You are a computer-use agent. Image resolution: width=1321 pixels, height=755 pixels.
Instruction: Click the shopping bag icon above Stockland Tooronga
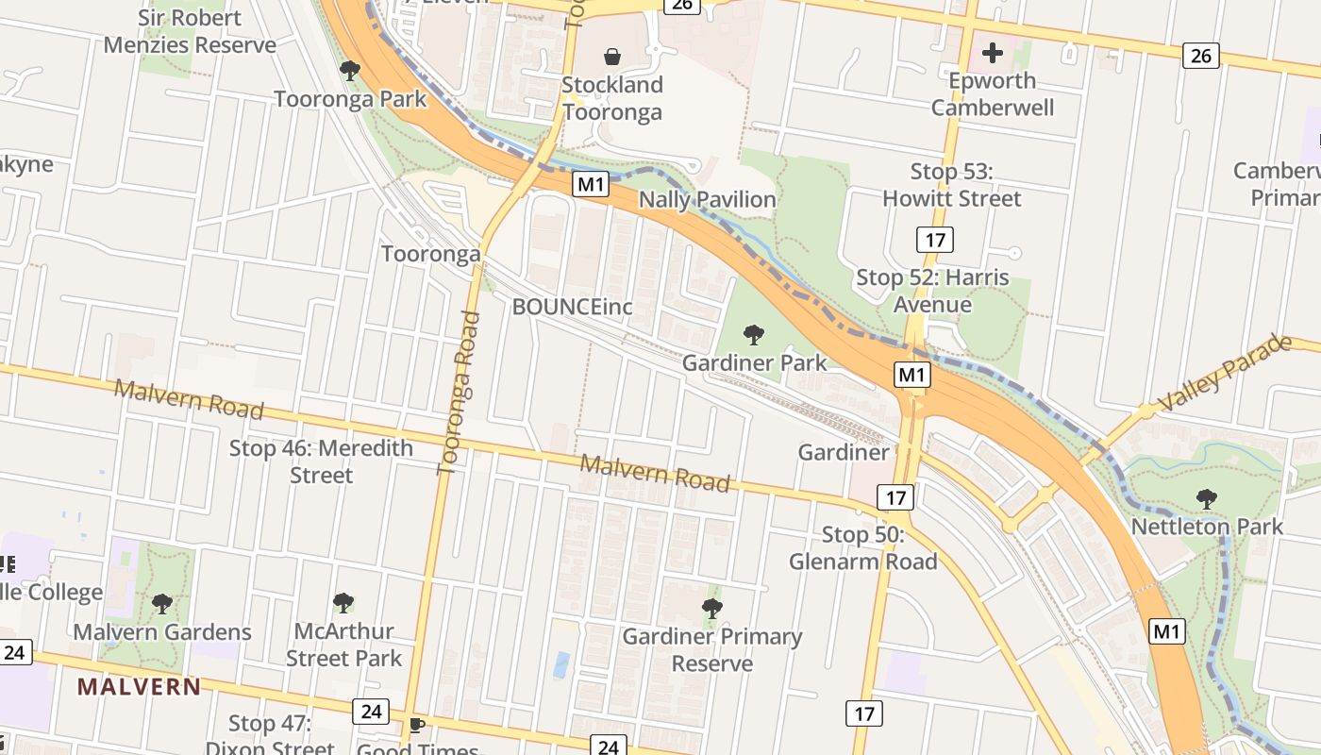pyautogui.click(x=612, y=57)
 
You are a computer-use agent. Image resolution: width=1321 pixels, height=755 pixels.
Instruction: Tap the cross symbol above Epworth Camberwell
pyautogui.click(x=992, y=53)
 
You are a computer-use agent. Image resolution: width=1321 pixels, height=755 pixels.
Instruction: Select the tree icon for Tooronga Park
pyautogui.click(x=350, y=71)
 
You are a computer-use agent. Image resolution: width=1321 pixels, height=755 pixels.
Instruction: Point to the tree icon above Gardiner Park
pyautogui.click(x=753, y=334)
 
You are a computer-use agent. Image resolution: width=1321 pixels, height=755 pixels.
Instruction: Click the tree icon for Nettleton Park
pyautogui.click(x=1206, y=499)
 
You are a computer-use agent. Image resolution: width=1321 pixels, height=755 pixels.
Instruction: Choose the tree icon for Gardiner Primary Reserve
pyautogui.click(x=712, y=609)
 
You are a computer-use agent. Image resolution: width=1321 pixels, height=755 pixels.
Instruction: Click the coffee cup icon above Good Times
pyautogui.click(x=416, y=725)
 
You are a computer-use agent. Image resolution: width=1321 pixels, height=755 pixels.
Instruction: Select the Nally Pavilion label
pyautogui.click(x=707, y=200)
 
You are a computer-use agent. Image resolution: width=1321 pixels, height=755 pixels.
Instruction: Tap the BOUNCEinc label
pyautogui.click(x=572, y=307)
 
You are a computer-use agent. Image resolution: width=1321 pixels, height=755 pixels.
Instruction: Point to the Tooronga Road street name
pyautogui.click(x=460, y=392)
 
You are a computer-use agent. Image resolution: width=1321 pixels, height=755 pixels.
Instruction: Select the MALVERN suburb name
pyautogui.click(x=139, y=686)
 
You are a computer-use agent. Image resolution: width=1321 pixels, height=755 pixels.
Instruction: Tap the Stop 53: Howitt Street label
pyautogui.click(x=951, y=185)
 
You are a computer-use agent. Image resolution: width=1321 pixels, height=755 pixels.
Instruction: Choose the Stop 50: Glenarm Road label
pyautogui.click(x=862, y=548)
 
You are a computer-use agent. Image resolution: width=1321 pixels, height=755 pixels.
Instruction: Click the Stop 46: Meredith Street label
pyautogui.click(x=321, y=461)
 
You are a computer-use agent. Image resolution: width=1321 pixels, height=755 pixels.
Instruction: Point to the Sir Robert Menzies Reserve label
pyautogui.click(x=190, y=31)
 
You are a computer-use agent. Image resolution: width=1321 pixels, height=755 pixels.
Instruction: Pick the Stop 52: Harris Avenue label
pyautogui.click(x=932, y=291)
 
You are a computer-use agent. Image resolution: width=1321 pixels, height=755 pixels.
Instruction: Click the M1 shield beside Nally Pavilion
pyautogui.click(x=590, y=184)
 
